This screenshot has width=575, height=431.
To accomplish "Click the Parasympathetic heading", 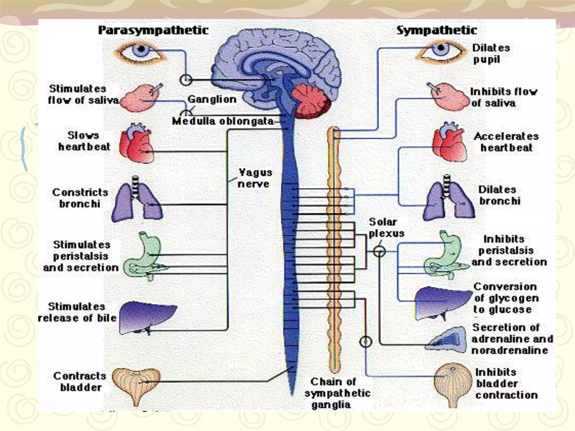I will tap(153, 30).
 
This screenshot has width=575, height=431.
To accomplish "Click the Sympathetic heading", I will tap(437, 30).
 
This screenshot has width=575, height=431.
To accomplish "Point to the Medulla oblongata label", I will tap(223, 121).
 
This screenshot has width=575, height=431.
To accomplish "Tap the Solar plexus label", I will tap(386, 228).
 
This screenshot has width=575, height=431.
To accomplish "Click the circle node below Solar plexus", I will tap(379, 251).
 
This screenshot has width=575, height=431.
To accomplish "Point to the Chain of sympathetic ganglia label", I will tap(337, 393).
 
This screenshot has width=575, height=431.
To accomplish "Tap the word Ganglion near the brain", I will tap(212, 99).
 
